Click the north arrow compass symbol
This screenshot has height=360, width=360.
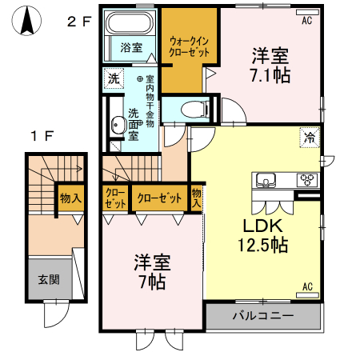click(x=26, y=22)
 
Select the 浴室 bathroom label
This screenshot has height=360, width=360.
click(x=132, y=47)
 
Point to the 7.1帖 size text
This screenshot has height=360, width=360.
click(x=270, y=75)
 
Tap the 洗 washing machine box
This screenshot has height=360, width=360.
click(x=114, y=78)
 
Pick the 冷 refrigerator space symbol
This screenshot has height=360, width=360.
click(x=310, y=138)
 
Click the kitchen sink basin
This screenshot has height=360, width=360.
click(x=266, y=178)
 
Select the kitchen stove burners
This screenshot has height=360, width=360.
click(x=307, y=178)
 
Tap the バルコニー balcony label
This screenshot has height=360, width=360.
click(x=263, y=316)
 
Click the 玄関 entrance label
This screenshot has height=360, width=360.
click(x=48, y=280)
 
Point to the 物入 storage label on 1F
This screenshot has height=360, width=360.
click(x=70, y=198)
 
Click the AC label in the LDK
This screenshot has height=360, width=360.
click(x=306, y=286)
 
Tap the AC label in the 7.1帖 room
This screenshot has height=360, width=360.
click(x=306, y=22)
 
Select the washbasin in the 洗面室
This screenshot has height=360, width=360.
click(x=118, y=123)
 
